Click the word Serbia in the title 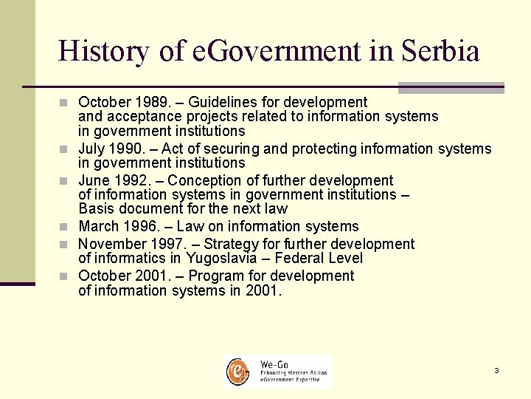pos(441,51)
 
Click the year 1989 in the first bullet pos(143,102)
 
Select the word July pos(92,149)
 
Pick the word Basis pos(95,208)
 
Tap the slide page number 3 pos(496,370)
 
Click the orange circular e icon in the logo pos(237,371)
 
